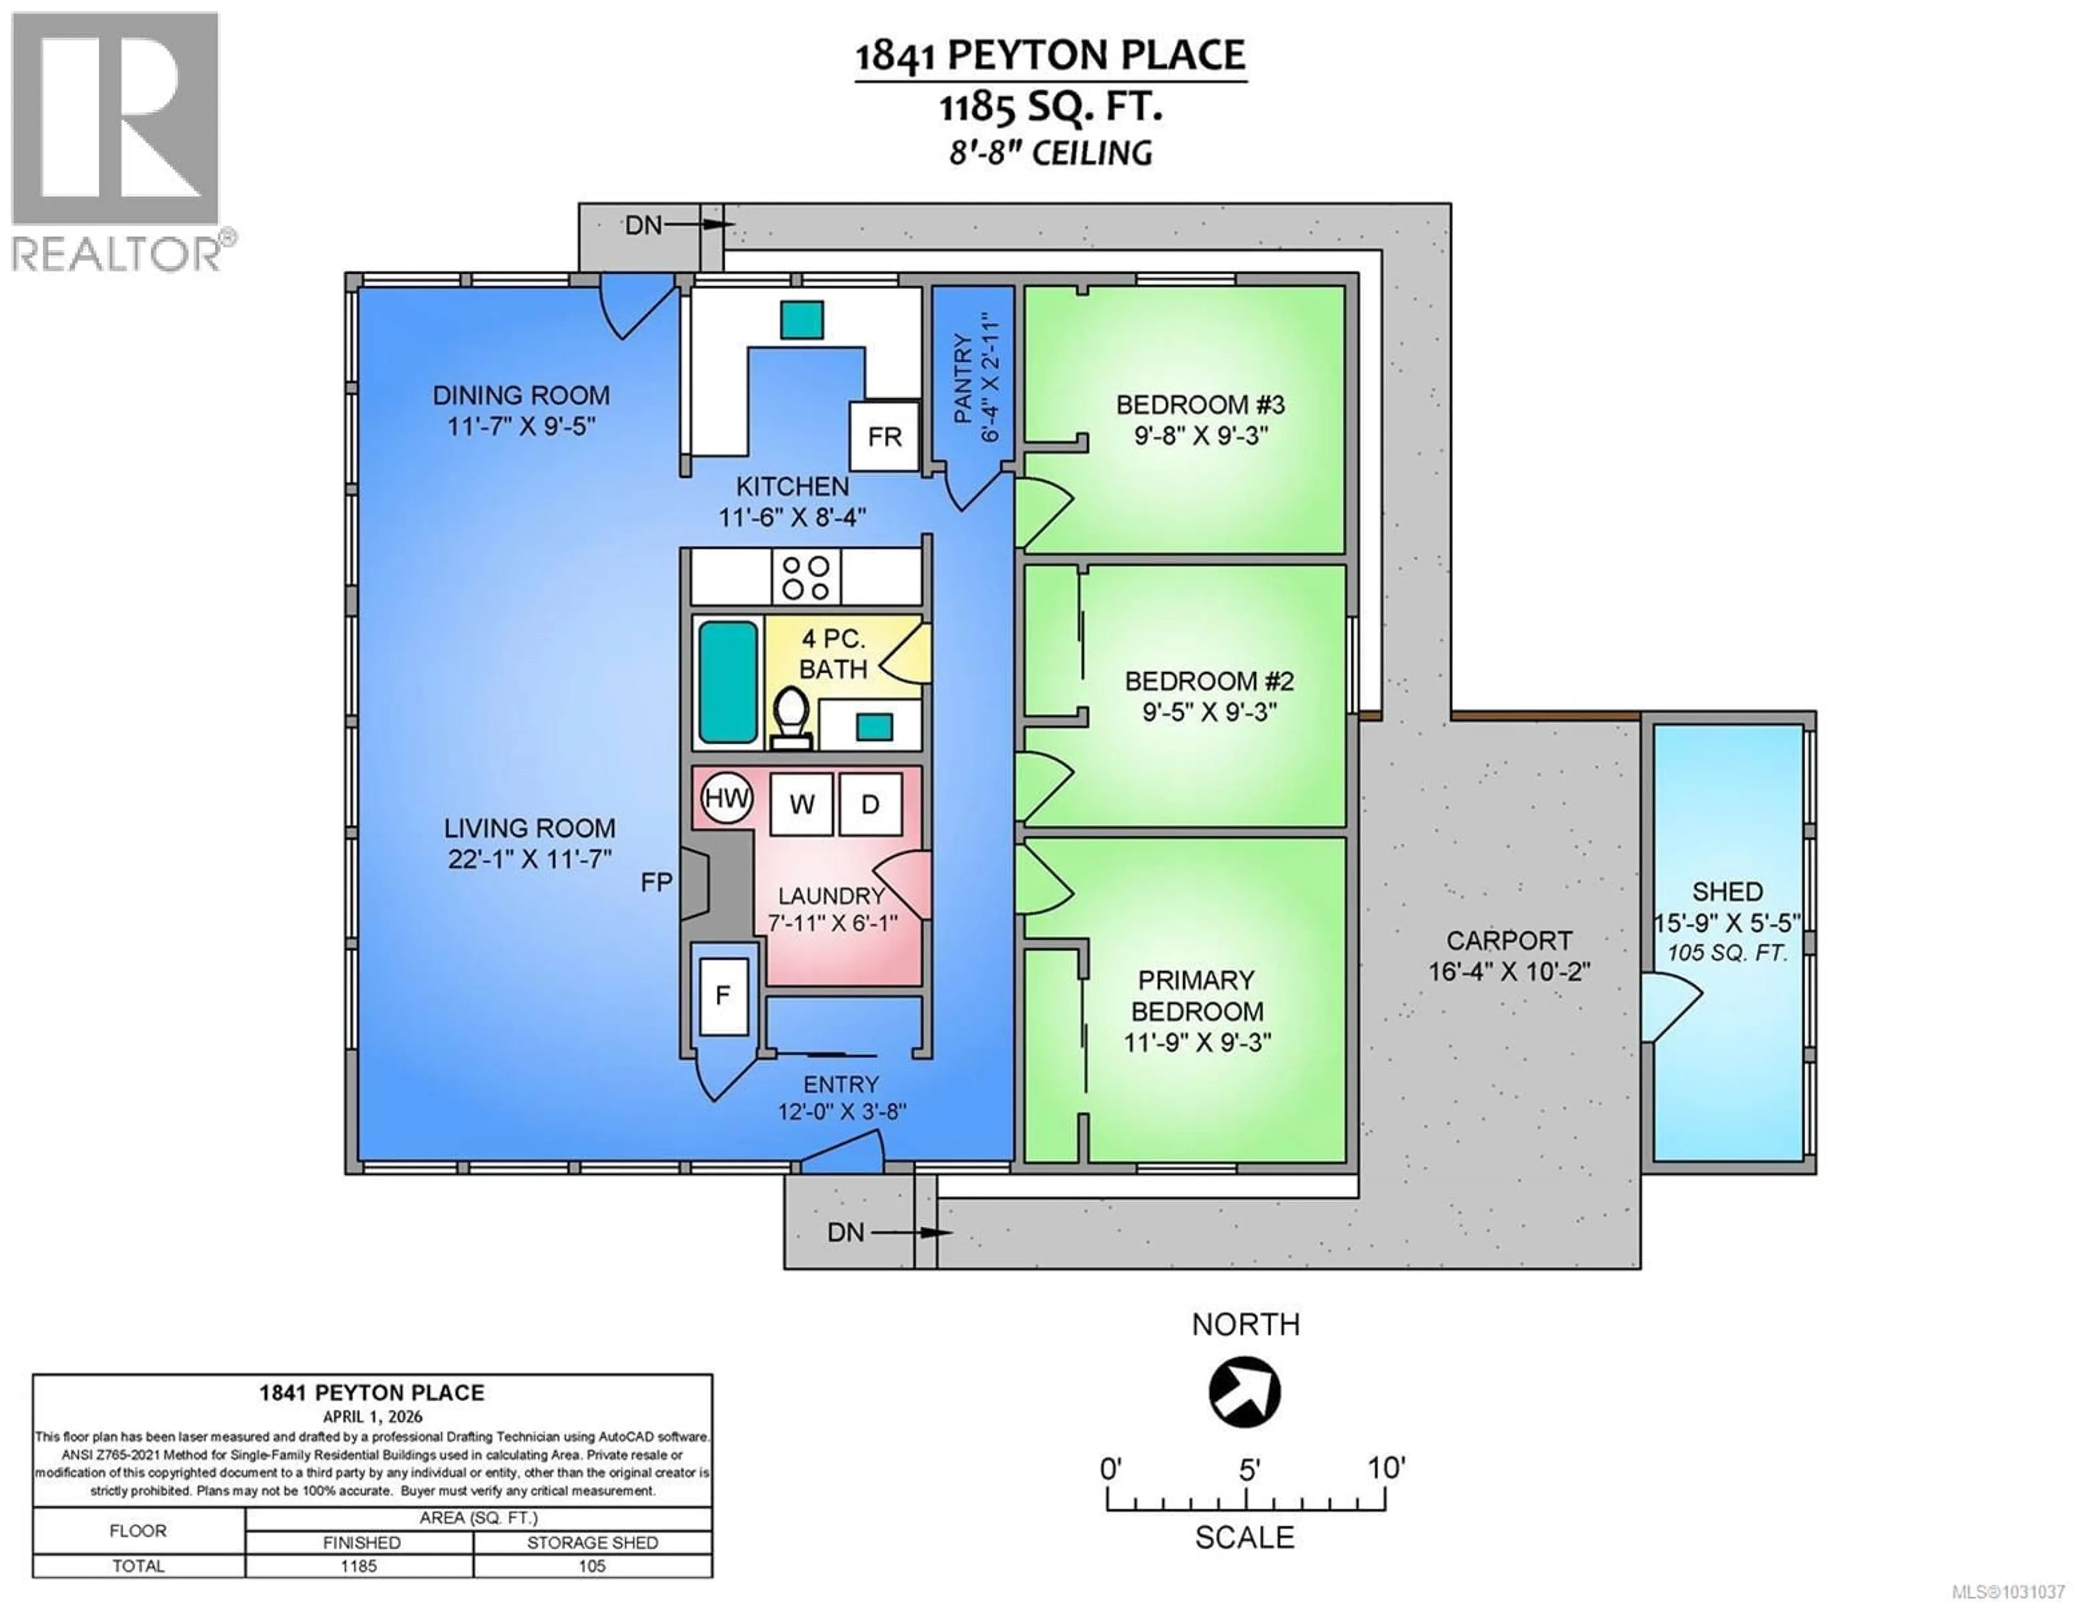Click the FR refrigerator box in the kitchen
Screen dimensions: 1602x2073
(x=884, y=437)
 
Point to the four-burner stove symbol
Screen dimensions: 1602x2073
(x=805, y=577)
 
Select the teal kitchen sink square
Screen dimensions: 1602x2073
(x=802, y=320)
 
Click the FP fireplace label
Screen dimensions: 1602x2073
(x=656, y=882)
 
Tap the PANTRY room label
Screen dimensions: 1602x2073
(x=961, y=378)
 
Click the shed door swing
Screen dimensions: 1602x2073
(x=1672, y=1010)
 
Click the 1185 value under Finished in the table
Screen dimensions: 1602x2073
(x=359, y=1566)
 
